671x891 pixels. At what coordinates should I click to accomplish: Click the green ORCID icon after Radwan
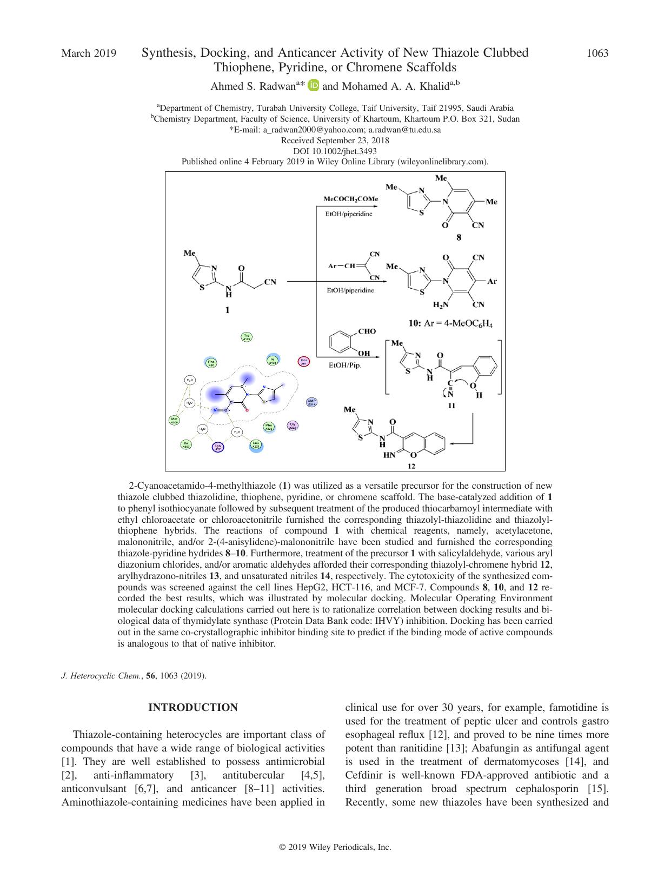(314, 85)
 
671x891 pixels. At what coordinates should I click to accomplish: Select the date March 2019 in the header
(89, 53)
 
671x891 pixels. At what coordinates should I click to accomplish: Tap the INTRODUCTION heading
(193, 708)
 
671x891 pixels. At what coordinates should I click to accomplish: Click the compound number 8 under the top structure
(459, 237)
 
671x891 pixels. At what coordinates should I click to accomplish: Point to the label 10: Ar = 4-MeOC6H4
(450, 324)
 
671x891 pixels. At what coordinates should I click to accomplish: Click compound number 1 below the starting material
(227, 310)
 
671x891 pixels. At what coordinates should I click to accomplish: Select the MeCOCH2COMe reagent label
(351, 199)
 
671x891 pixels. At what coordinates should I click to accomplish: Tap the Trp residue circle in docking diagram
(247, 337)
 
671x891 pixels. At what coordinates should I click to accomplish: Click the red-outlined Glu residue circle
(304, 362)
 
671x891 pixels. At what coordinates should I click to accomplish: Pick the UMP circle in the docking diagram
(311, 402)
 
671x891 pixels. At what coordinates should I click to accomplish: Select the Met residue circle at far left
(174, 421)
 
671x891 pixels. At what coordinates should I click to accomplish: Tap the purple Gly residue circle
(293, 425)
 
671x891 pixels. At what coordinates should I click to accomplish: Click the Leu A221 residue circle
(256, 445)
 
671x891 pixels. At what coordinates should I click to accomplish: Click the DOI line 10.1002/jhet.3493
(335, 151)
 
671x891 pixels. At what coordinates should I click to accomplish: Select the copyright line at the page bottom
(335, 847)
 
